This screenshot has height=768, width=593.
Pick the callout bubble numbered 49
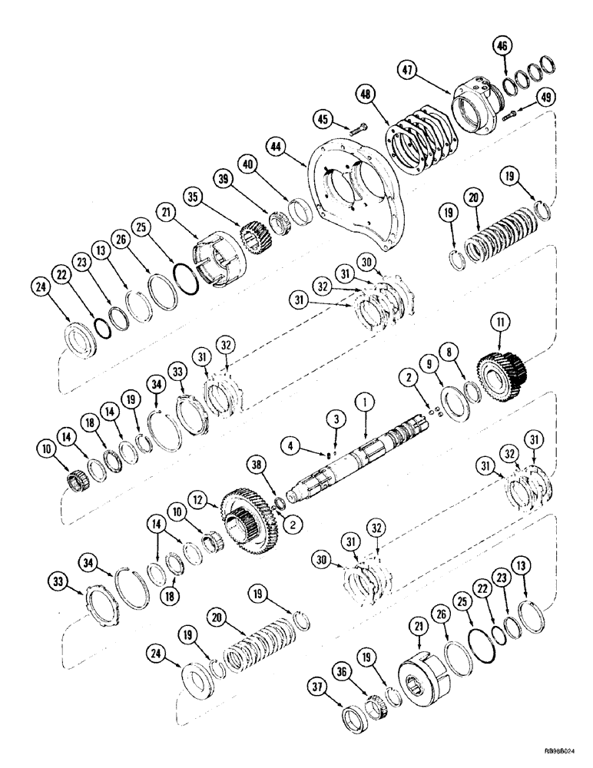(545, 98)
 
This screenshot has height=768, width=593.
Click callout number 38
(257, 463)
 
